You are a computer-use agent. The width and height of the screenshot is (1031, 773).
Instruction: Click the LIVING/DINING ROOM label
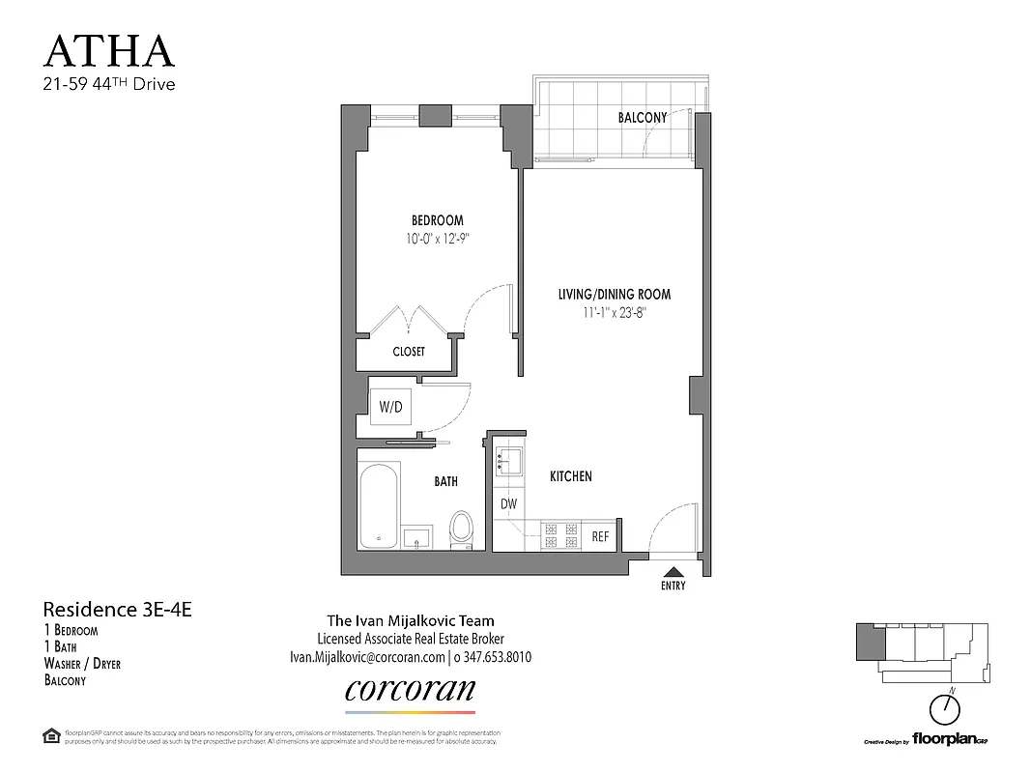614,295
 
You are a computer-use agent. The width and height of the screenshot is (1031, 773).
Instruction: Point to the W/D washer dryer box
390,408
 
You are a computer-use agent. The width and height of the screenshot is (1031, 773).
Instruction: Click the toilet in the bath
463,529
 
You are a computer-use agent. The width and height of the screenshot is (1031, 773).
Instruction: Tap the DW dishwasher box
508,503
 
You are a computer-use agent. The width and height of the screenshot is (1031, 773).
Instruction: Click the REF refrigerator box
600,536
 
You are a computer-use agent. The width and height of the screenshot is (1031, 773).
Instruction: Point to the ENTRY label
674,587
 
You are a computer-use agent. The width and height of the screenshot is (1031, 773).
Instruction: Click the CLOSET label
409,352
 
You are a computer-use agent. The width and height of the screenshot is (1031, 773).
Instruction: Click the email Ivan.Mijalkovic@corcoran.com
367,657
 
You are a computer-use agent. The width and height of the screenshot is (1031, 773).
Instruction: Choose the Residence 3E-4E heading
125,610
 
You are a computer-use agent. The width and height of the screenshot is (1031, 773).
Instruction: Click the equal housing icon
51,735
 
